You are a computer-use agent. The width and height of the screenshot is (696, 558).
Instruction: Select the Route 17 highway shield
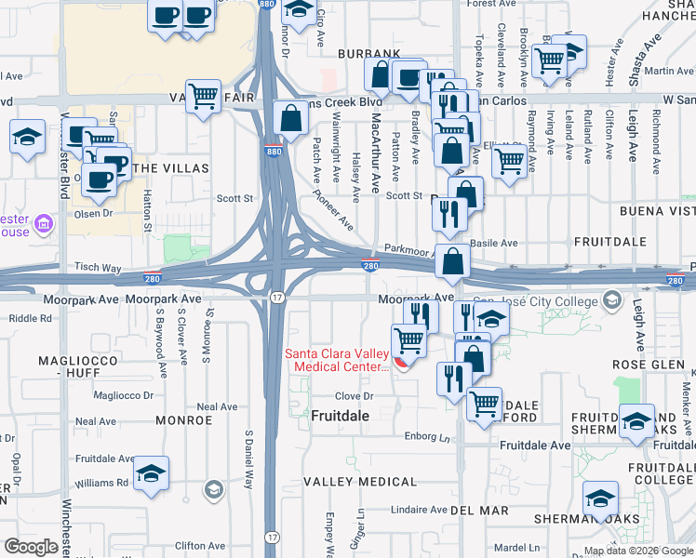tap(277, 296)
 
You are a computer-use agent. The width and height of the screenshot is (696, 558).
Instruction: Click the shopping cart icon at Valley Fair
tap(202, 94)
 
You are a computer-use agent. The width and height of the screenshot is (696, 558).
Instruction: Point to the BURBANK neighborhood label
tap(368, 54)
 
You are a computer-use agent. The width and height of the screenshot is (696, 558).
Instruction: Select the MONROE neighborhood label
tap(183, 420)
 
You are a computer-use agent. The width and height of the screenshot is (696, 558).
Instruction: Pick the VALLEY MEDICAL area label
tap(360, 482)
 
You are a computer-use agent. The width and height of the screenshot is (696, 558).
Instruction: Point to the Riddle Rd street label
tap(31, 318)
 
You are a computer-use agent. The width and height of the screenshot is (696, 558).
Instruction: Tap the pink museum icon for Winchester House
tap(43, 223)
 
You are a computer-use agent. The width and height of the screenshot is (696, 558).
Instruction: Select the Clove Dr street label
tap(354, 395)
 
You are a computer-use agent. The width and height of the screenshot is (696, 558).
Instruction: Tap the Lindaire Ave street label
tap(420, 510)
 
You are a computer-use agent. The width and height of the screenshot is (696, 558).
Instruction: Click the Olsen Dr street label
tap(93, 212)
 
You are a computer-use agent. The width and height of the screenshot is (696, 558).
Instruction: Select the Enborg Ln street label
tap(426, 435)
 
